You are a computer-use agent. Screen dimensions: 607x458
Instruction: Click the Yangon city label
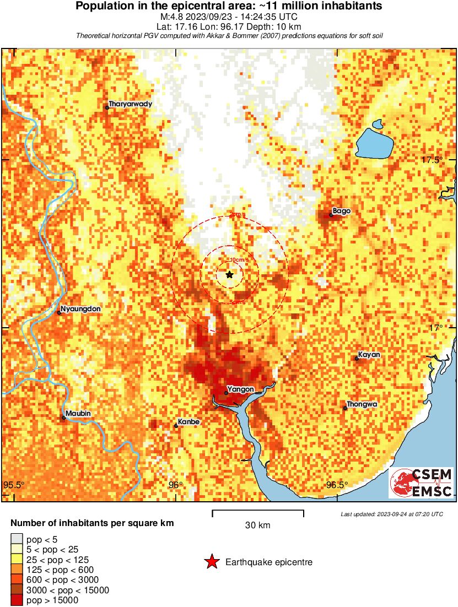(x=241, y=389)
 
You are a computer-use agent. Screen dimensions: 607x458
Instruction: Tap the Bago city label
(x=342, y=211)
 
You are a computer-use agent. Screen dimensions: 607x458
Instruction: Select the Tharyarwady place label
(x=130, y=104)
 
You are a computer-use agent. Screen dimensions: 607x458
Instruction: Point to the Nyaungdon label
(x=80, y=309)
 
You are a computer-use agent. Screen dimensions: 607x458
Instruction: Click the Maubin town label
(x=78, y=414)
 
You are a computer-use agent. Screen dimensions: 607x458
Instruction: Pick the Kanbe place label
(x=189, y=422)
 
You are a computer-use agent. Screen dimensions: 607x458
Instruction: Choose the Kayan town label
(x=369, y=355)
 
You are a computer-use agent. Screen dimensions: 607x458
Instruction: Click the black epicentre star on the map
(x=229, y=274)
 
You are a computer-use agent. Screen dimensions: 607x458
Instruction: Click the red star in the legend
(x=212, y=562)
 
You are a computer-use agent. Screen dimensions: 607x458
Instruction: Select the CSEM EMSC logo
(x=422, y=483)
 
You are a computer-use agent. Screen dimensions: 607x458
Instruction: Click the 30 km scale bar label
(x=257, y=525)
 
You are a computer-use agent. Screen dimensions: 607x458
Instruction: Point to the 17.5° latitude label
(x=432, y=160)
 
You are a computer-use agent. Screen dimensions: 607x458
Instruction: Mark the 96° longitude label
(x=176, y=485)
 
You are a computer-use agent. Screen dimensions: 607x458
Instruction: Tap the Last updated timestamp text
(x=392, y=514)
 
